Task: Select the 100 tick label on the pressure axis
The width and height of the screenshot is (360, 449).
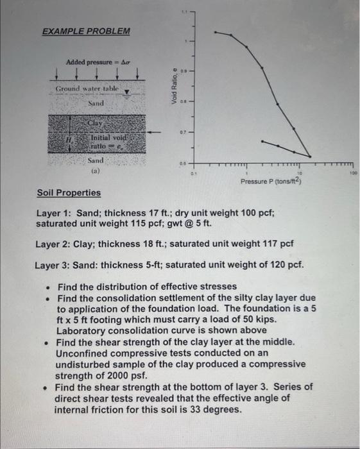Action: click(x=352, y=172)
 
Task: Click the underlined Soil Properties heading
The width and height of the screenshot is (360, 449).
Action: click(x=69, y=192)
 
